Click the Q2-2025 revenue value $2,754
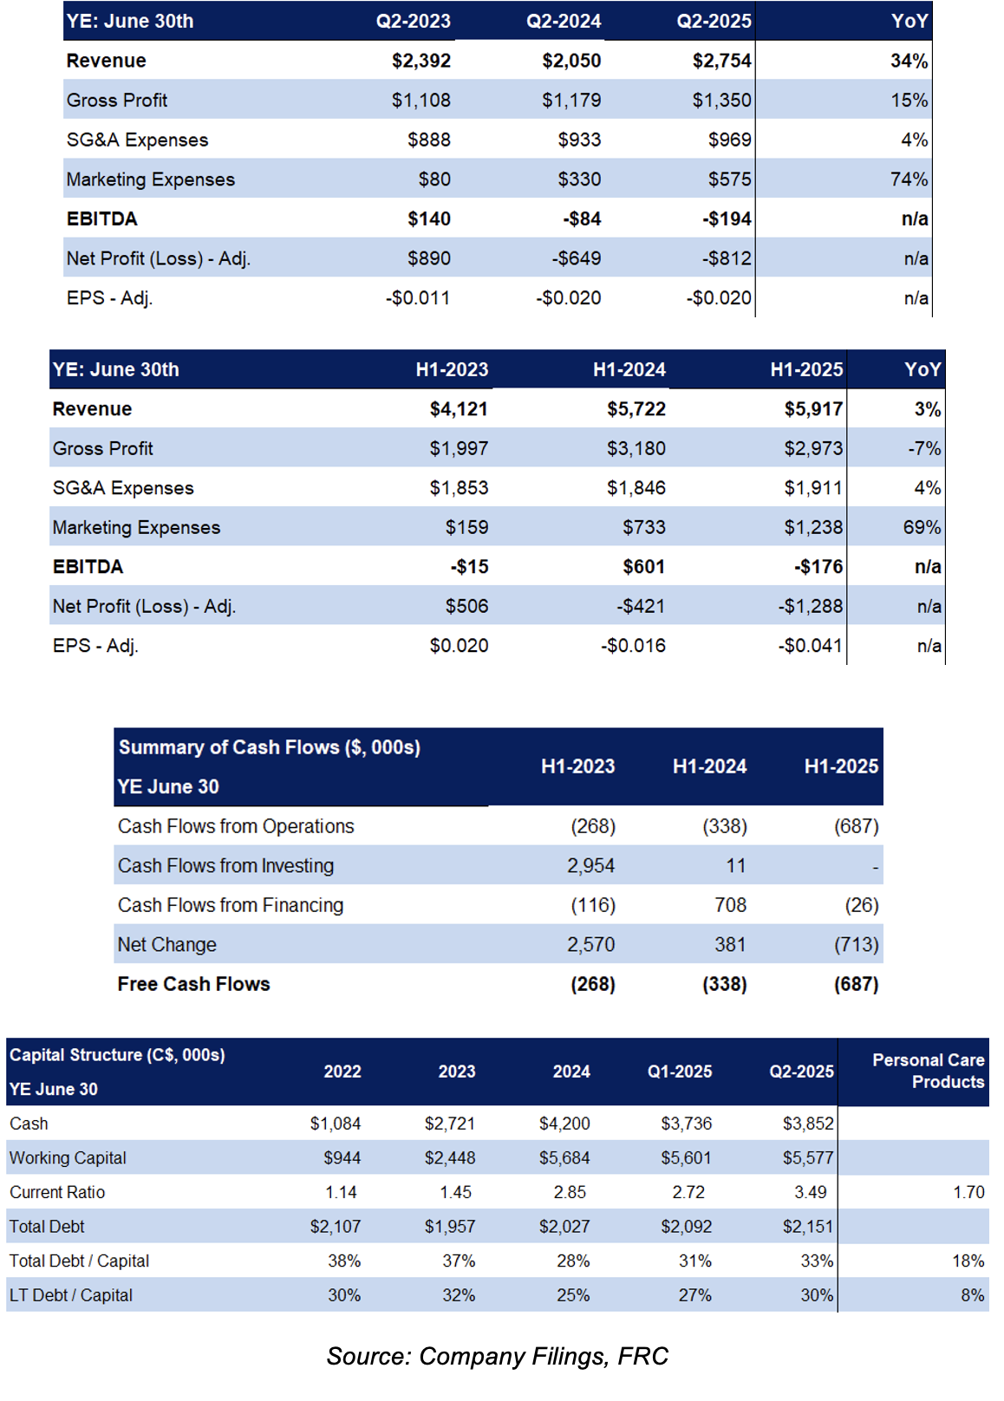(721, 61)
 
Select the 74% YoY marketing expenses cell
(909, 179)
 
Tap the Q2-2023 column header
(413, 22)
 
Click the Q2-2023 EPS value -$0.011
(418, 297)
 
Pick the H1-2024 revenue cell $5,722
(636, 409)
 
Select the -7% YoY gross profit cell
(924, 448)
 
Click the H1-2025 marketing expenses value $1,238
(813, 527)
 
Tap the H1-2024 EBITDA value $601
(643, 567)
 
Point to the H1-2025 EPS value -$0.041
(810, 646)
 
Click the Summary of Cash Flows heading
(270, 747)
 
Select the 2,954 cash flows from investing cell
(590, 865)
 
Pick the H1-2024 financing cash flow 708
(731, 905)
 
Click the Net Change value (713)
(857, 944)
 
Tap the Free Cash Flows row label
(194, 984)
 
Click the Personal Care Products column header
(929, 1071)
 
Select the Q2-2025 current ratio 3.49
(810, 1192)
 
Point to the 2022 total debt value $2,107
(336, 1227)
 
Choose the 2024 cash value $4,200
(564, 1124)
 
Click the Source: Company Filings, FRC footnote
(498, 1356)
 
